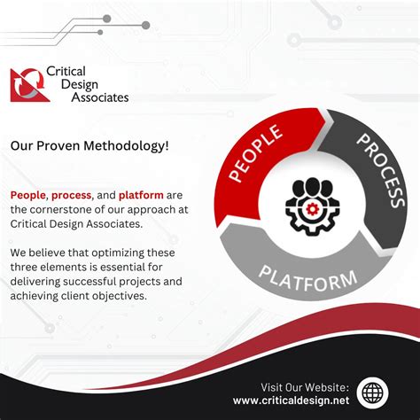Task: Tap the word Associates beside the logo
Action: pos(97,97)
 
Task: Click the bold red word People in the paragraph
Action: pos(27,195)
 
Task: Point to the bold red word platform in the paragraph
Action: pos(140,195)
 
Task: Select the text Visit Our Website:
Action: pos(305,386)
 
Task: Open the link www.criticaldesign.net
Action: pos(292,401)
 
